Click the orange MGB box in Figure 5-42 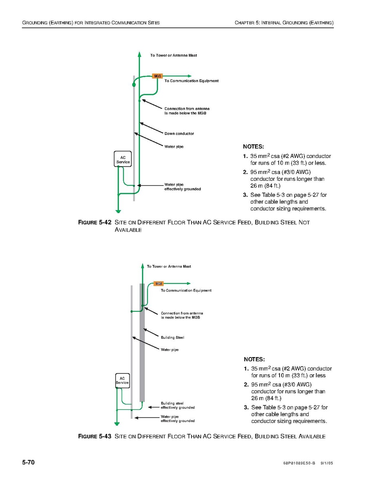pyautogui.click(x=157, y=76)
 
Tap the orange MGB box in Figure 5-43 pyautogui.click(x=159, y=283)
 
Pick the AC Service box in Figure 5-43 pyautogui.click(x=122, y=380)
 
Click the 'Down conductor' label pyautogui.click(x=179, y=133)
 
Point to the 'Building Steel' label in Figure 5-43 pyautogui.click(x=172, y=338)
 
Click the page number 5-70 pyautogui.click(x=28, y=462)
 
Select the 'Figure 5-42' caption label pyautogui.click(x=95, y=222)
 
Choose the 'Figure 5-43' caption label pyautogui.click(x=95, y=436)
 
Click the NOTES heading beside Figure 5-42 pyautogui.click(x=253, y=147)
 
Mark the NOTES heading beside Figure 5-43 pyautogui.click(x=254, y=359)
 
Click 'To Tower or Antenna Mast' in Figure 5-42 pyautogui.click(x=173, y=55)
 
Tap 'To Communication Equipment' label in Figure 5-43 pyautogui.click(x=186, y=290)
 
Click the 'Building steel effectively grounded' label pyautogui.click(x=178, y=405)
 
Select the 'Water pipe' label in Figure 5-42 pyautogui.click(x=174, y=147)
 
